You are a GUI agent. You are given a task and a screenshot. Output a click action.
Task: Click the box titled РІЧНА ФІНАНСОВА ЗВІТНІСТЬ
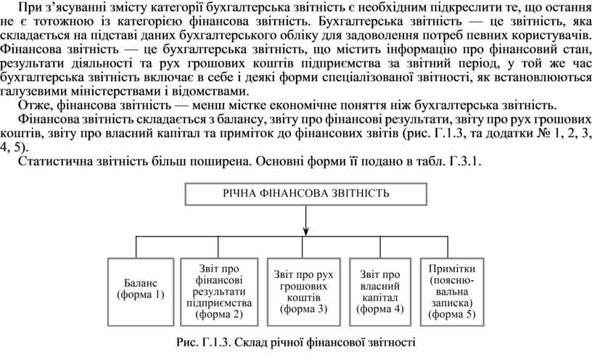coord(305,195)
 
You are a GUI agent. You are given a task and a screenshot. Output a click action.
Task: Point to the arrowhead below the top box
coord(305,232)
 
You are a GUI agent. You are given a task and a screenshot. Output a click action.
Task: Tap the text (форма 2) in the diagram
coord(219,314)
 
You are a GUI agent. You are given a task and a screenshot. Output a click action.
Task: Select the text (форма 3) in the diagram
coord(305,308)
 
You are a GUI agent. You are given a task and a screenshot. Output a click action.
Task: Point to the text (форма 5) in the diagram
coord(451,314)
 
